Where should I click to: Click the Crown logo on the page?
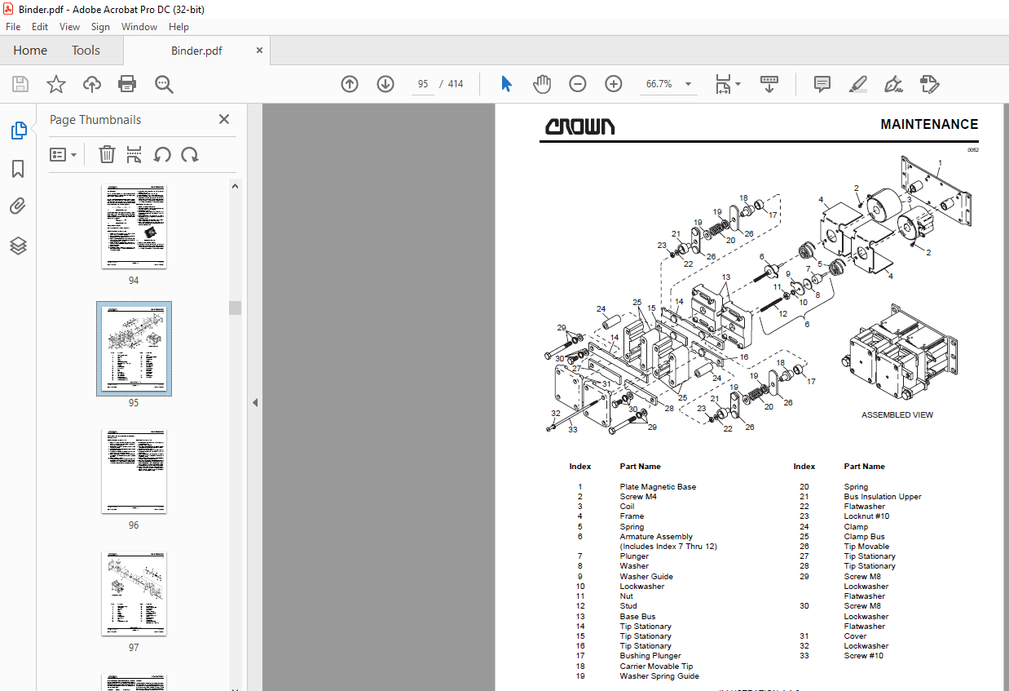[580, 126]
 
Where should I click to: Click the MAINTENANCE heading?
[929, 125]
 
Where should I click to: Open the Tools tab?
[86, 51]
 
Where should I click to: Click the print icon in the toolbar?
[127, 84]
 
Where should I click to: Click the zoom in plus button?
[614, 84]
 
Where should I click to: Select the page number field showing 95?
[423, 84]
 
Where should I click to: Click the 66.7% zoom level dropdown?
[668, 84]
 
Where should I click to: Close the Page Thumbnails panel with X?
[224, 119]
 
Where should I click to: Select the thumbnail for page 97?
[134, 593]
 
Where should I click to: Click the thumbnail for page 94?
[134, 226]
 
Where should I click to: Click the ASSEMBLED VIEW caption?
[897, 415]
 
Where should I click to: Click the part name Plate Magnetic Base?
[658, 487]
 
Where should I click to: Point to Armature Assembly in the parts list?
[656, 537]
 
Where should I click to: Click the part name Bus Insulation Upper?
[883, 497]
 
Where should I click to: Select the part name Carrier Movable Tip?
[656, 666]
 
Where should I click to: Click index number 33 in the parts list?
[804, 656]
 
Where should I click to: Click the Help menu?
[178, 27]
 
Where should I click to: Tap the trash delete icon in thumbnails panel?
[107, 154]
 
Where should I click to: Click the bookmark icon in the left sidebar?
[18, 169]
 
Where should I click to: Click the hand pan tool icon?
[542, 84]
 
